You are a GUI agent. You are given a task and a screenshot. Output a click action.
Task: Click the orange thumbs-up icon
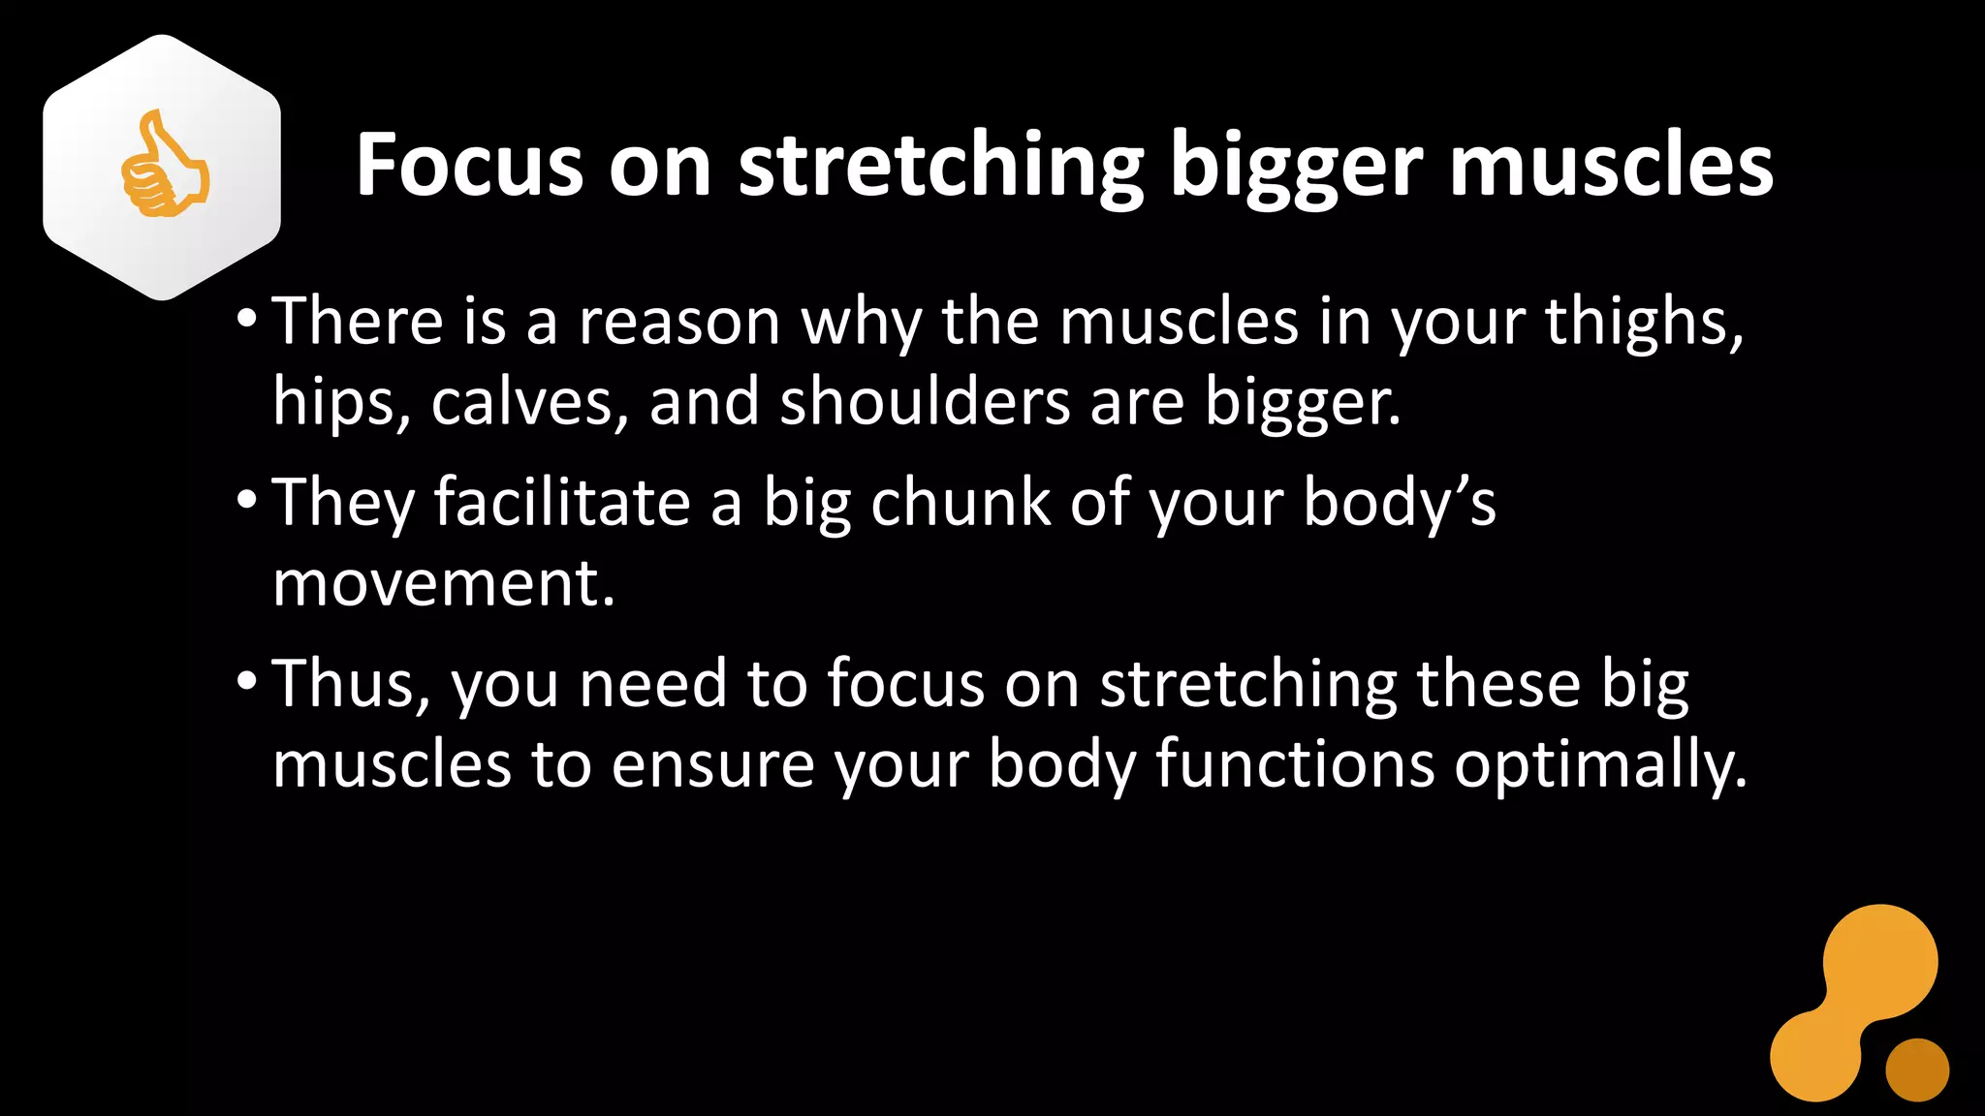pyautogui.click(x=164, y=166)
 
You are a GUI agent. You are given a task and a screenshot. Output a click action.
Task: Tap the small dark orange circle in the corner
pyautogui.click(x=1916, y=1069)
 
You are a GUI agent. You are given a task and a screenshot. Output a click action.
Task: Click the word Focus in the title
pyautogui.click(x=469, y=166)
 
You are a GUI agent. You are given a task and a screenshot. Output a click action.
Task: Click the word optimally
pyautogui.click(x=1600, y=766)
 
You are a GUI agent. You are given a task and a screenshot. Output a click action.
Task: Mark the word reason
pyautogui.click(x=678, y=323)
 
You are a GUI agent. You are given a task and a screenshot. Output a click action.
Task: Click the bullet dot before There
pyautogui.click(x=246, y=319)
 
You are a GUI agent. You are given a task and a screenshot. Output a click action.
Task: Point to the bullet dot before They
pyautogui.click(x=246, y=500)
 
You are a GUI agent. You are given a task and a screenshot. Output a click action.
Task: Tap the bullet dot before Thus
pyautogui.click(x=246, y=681)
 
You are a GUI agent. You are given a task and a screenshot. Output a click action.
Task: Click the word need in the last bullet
pyautogui.click(x=652, y=684)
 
